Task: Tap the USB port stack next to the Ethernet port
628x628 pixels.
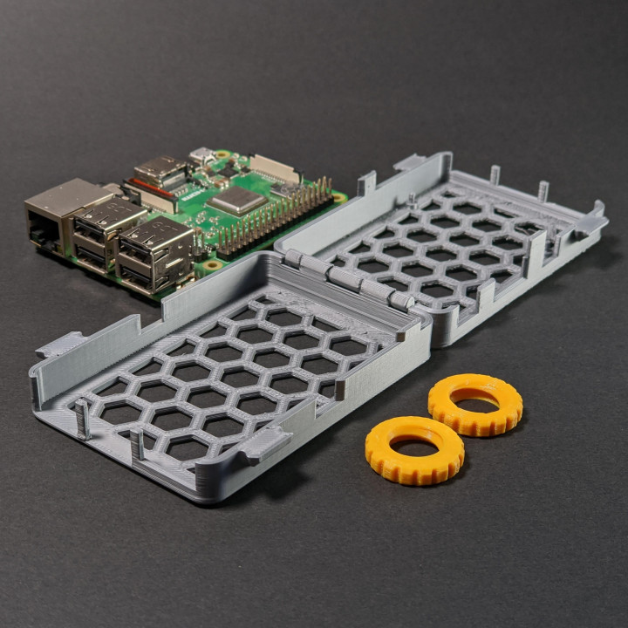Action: tap(105, 230)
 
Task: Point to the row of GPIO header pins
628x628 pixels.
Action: tap(275, 218)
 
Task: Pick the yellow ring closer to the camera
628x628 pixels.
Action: tap(414, 449)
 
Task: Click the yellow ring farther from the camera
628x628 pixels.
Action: tap(475, 404)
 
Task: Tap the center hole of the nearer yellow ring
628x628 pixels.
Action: tap(413, 446)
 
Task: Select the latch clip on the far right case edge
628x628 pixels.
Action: tap(590, 222)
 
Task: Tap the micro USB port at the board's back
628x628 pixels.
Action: tap(201, 156)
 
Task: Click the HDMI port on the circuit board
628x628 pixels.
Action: tap(160, 170)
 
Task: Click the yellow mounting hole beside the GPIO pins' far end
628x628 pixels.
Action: tap(339, 198)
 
